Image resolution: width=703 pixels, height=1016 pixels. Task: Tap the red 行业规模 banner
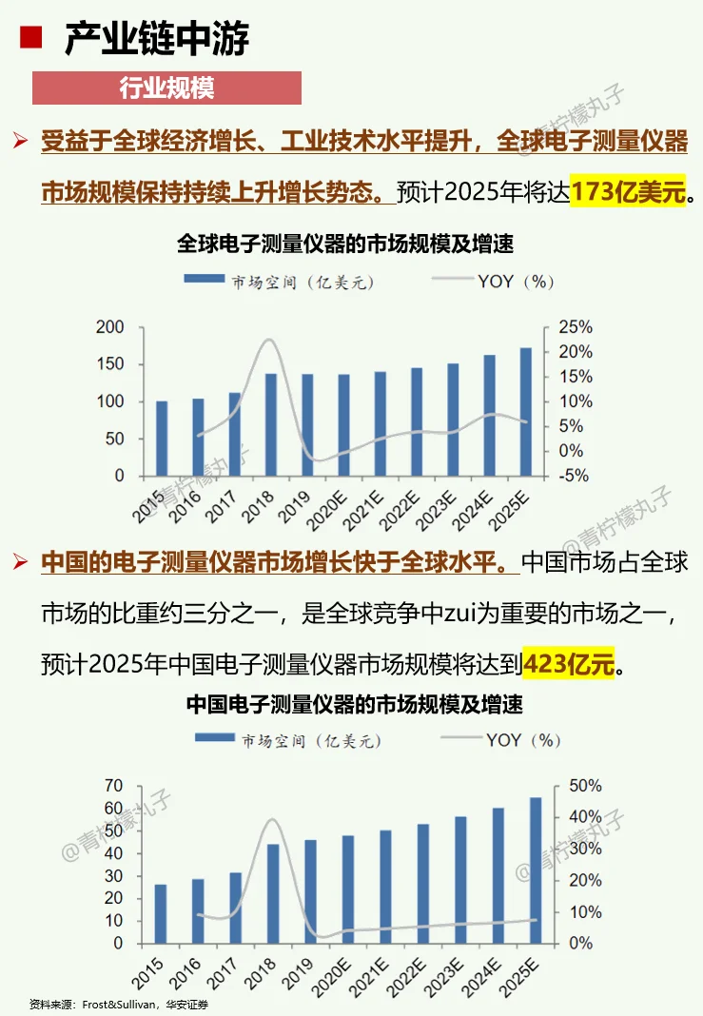pyautogui.click(x=166, y=88)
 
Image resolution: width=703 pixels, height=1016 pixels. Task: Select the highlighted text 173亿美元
pyautogui.click(x=628, y=191)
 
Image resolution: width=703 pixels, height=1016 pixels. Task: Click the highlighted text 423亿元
pyautogui.click(x=569, y=661)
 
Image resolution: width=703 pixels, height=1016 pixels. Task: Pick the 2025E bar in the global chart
pyautogui.click(x=526, y=411)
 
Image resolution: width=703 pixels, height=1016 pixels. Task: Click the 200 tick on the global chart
pyautogui.click(x=111, y=327)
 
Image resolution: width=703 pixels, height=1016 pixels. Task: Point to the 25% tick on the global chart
pyautogui.click(x=575, y=327)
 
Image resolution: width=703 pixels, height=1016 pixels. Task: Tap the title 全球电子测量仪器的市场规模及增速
pyautogui.click(x=345, y=244)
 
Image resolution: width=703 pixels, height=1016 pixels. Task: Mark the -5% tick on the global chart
pyautogui.click(x=573, y=476)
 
